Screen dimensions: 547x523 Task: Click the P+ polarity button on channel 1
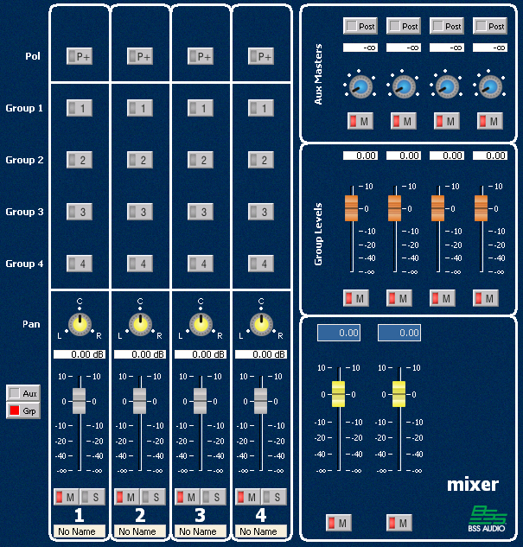point(80,56)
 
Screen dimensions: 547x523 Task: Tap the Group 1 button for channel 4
point(261,108)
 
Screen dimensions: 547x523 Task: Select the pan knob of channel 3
point(201,324)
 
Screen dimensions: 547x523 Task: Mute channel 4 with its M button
point(249,497)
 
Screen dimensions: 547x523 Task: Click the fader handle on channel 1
point(80,400)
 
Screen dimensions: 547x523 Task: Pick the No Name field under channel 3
point(201,531)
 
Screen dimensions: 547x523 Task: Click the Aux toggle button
point(23,393)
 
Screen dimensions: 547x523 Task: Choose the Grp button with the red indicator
point(23,410)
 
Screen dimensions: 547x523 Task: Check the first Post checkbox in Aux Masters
point(359,27)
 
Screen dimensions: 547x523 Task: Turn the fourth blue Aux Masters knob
point(490,86)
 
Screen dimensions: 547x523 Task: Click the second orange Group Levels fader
point(394,207)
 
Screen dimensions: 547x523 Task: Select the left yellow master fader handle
point(338,393)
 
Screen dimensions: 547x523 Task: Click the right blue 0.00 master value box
point(399,333)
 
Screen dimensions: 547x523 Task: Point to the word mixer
point(473,484)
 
